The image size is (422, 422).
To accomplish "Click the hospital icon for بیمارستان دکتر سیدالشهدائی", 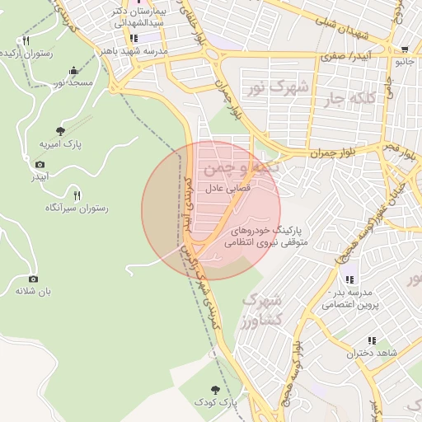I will point(133,38).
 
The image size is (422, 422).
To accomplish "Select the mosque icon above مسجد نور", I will point(74,70).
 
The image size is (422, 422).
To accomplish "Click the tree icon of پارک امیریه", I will point(60,130).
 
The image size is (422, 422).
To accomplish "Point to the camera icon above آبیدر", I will point(40,164).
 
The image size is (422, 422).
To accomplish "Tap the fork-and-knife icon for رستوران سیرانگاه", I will point(77,195).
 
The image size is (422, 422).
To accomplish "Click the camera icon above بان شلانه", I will point(33,279).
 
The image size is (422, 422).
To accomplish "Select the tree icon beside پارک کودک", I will point(216,388).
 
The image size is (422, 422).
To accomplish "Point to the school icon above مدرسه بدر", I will point(350,279).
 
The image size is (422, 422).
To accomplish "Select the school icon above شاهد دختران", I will point(372,340).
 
